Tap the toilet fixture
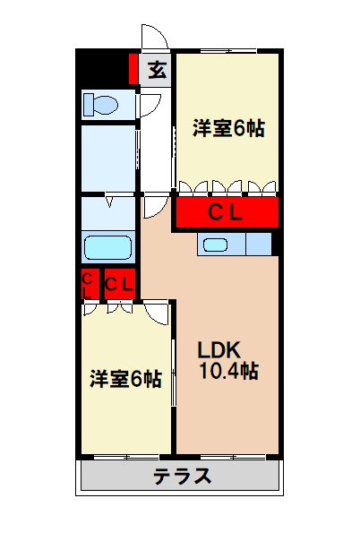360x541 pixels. tap(100, 104)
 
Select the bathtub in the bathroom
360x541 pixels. tap(107, 246)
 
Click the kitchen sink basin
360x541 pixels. tap(216, 244)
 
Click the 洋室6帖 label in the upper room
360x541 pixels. tap(227, 128)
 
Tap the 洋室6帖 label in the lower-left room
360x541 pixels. tap(125, 379)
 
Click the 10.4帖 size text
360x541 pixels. tap(228, 370)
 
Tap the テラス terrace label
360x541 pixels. tap(183, 475)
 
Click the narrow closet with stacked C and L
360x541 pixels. tap(89, 285)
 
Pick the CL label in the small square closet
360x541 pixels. tap(119, 285)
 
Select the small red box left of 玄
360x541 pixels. tap(133, 69)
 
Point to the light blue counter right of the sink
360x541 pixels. tap(259, 244)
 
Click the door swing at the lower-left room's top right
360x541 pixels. tap(157, 313)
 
